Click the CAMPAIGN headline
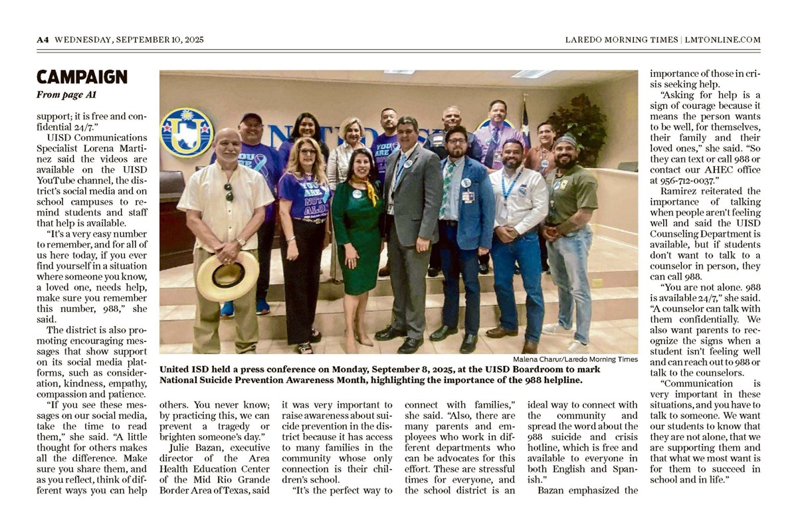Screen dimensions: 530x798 click(x=82, y=77)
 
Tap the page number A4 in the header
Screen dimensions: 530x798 click(x=43, y=40)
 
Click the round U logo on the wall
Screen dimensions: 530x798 click(x=186, y=132)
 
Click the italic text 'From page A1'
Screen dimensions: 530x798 click(x=66, y=95)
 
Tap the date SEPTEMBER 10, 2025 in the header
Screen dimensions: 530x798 click(x=159, y=40)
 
